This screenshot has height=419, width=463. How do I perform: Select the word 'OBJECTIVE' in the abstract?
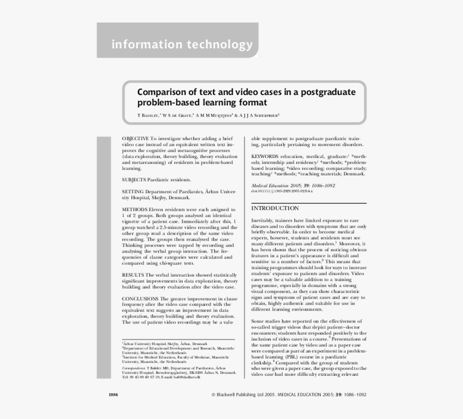click(x=135, y=139)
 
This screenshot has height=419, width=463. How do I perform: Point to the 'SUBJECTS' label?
click(x=134, y=180)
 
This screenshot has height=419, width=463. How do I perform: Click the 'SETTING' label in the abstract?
click(x=132, y=191)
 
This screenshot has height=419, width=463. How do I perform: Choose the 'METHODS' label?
click(x=134, y=209)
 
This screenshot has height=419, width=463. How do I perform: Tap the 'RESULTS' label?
click(x=133, y=275)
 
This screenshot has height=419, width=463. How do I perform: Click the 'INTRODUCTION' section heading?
click(x=275, y=208)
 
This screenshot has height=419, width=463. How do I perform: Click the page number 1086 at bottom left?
click(x=113, y=395)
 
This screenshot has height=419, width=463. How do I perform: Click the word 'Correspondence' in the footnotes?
click(x=134, y=367)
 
